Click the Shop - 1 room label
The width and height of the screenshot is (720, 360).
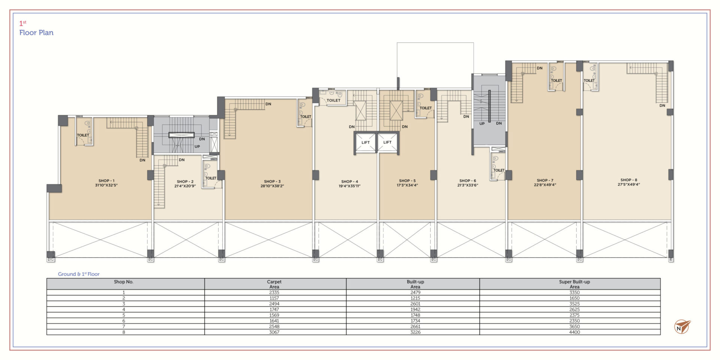pyautogui.click(x=106, y=181)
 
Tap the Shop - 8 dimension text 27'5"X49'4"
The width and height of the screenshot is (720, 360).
pyautogui.click(x=629, y=184)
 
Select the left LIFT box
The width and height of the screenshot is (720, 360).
pyautogui.click(x=365, y=142)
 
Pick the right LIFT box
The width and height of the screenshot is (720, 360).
pyautogui.click(x=387, y=142)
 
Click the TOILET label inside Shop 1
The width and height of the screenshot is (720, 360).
pyautogui.click(x=83, y=135)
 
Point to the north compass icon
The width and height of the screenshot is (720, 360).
pyautogui.click(x=682, y=327)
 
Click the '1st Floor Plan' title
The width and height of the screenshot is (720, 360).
pyautogui.click(x=36, y=28)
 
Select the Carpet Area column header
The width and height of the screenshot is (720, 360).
pyautogui.click(x=274, y=284)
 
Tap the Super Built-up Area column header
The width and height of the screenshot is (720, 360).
pyautogui.click(x=574, y=284)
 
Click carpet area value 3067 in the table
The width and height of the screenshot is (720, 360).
pyautogui.click(x=274, y=332)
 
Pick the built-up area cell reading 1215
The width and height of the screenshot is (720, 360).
pyautogui.click(x=415, y=298)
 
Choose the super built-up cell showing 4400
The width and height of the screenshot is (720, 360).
pyautogui.click(x=574, y=332)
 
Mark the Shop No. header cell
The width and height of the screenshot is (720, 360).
pyautogui.click(x=123, y=282)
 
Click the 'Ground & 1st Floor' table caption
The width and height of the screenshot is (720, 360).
pyautogui.click(x=79, y=274)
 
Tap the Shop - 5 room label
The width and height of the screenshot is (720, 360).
pyautogui.click(x=407, y=181)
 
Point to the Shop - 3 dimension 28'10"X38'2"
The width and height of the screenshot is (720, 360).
pyautogui.click(x=272, y=186)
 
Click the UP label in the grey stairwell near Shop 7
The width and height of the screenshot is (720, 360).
pyautogui.click(x=482, y=124)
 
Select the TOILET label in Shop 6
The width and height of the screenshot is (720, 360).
pyautogui.click(x=499, y=170)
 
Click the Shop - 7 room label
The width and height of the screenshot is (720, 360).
pyautogui.click(x=545, y=180)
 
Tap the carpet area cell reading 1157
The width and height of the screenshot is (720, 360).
pyautogui.click(x=274, y=298)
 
